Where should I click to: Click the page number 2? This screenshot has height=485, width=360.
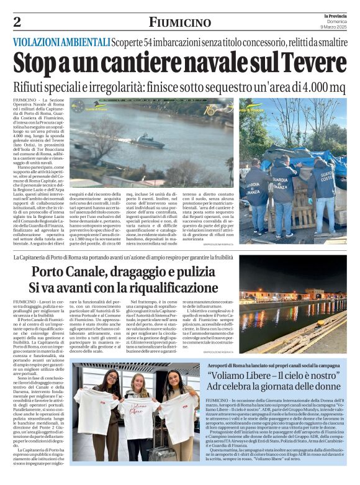pyautogui.click(x=17, y=22)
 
